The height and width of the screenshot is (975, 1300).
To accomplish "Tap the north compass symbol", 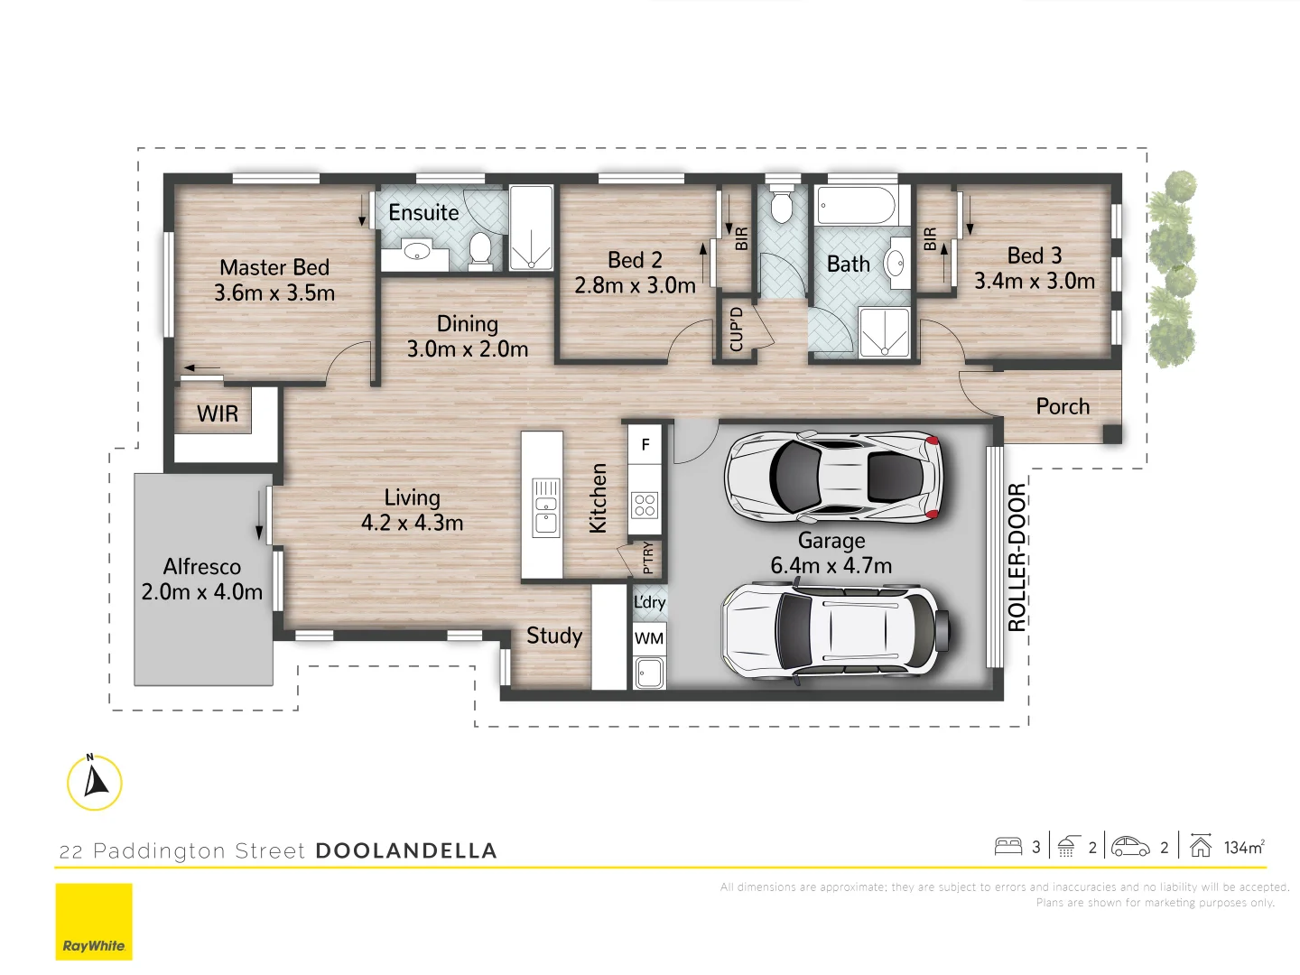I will pos(95,782).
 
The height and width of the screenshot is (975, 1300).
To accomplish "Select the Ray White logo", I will pos(94,922).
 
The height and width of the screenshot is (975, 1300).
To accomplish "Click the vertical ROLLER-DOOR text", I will pos(1017,557).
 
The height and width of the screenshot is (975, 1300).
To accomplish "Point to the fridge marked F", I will pos(645,444).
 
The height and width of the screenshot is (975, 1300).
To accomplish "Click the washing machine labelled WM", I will pos(648,638).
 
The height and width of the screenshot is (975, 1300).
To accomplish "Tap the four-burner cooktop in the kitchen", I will pos(645,505).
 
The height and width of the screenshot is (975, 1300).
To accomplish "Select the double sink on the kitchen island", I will pos(545,507).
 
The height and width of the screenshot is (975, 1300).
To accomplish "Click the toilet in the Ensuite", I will pos(480,248).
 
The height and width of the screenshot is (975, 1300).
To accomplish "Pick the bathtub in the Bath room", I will pos(856,206).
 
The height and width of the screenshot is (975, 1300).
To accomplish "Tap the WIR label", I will pos(218,414).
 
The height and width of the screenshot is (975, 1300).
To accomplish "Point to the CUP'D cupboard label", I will pos(737,329).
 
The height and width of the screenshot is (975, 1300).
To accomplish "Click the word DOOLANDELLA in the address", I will pos(406,850).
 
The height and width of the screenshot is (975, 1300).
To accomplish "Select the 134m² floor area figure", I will pos(1243,847).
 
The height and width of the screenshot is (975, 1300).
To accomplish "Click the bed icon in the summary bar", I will pos(1007,847).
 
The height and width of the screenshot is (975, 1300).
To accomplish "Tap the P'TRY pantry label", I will pos(647,558).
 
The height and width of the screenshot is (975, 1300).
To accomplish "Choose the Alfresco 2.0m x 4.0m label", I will pos(202,580).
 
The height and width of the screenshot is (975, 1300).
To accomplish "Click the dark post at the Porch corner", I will pos(1112,434).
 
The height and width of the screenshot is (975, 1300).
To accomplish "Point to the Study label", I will pos(554,636).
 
